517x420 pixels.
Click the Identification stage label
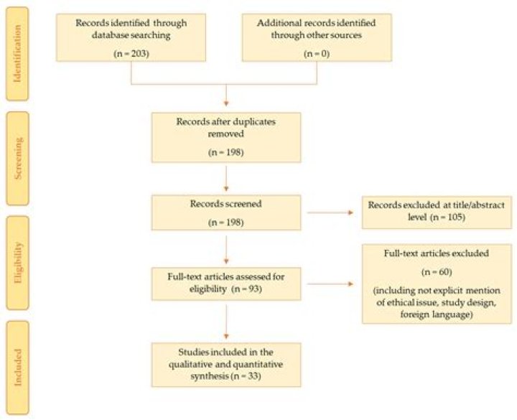[17, 54]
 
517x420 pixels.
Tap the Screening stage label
[17, 159]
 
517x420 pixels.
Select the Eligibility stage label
[17, 263]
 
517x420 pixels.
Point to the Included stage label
[17, 368]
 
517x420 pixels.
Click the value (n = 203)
[131, 53]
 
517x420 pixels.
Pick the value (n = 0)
[317, 53]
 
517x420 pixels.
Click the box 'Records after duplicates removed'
[226, 137]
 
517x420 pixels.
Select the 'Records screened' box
[226, 213]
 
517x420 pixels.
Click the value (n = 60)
[437, 272]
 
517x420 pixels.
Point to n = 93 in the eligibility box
[247, 289]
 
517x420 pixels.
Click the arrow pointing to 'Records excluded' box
[330, 213]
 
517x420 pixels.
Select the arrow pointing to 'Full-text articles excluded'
[330, 284]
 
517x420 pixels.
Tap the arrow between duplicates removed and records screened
[226, 179]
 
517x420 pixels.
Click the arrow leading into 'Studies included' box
[226, 322]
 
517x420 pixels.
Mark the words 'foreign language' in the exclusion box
[437, 314]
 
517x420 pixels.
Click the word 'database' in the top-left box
[110, 35]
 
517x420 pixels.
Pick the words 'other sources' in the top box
[333, 35]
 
